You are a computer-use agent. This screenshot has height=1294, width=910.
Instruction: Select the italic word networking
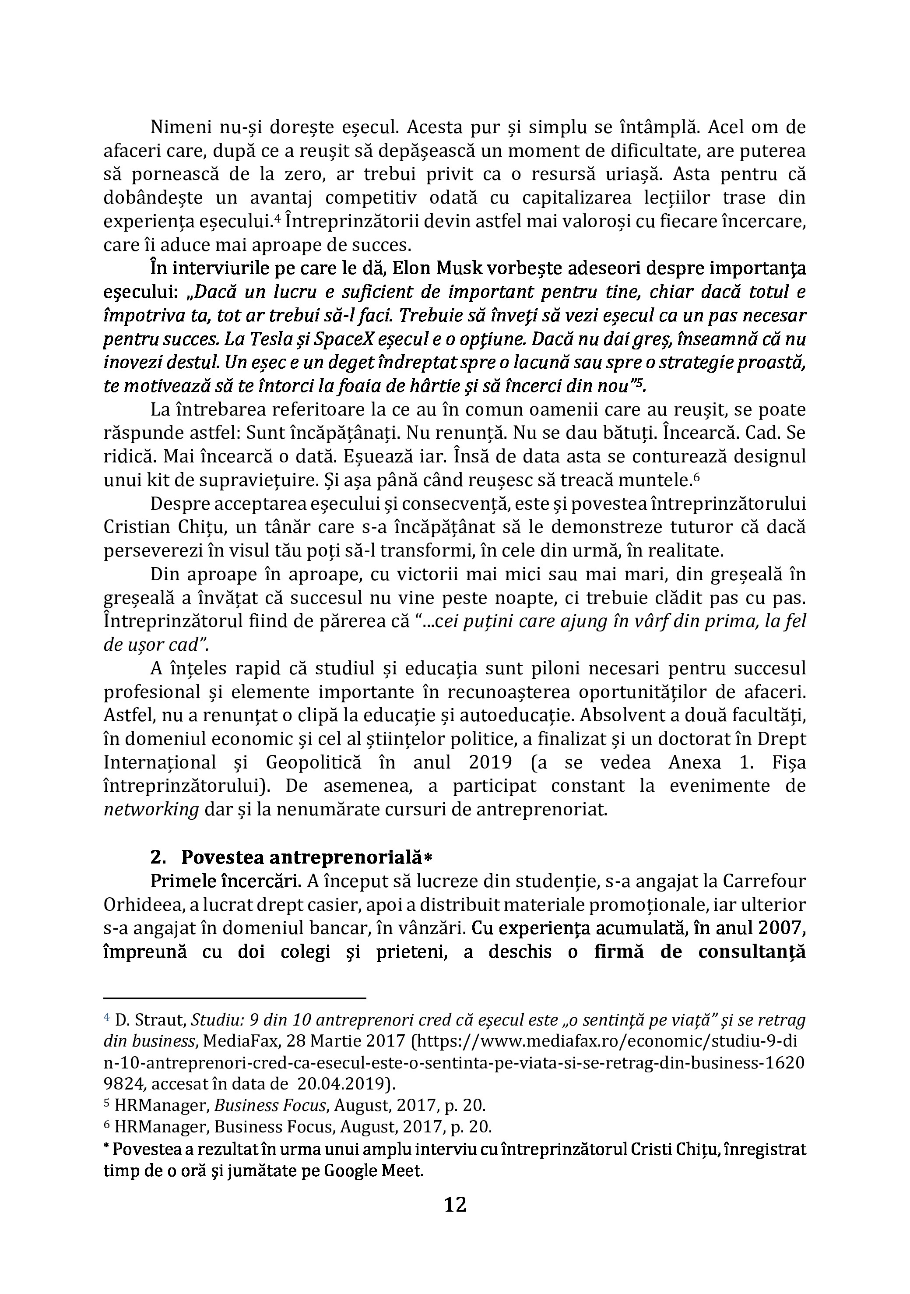pyautogui.click(x=151, y=810)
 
